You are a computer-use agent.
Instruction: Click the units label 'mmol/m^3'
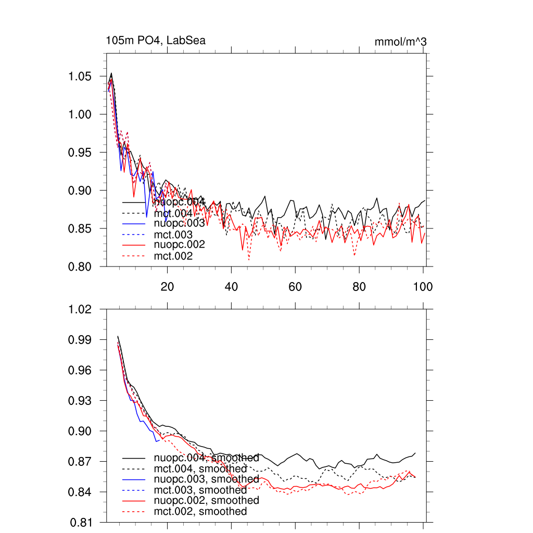click(x=400, y=42)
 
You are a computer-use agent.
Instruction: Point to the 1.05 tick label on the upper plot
click(x=81, y=77)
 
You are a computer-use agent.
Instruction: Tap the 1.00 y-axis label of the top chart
click(x=81, y=115)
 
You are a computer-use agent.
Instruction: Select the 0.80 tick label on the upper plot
click(x=81, y=266)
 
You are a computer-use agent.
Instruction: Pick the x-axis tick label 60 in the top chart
click(x=295, y=286)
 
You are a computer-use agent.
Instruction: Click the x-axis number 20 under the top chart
click(x=167, y=286)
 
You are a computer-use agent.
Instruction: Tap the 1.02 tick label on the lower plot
click(x=81, y=309)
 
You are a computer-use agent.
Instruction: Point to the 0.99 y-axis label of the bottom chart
click(x=81, y=340)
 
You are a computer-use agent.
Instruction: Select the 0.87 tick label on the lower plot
click(x=81, y=462)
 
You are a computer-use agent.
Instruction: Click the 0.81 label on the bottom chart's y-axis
click(x=81, y=523)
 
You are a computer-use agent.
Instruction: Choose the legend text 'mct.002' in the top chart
click(x=173, y=256)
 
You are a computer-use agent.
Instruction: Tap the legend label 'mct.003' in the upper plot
click(x=173, y=235)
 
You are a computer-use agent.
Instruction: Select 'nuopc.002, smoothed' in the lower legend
click(x=206, y=500)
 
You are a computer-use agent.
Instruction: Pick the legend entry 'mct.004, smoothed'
click(x=200, y=469)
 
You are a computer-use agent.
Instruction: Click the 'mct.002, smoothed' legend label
click(x=200, y=512)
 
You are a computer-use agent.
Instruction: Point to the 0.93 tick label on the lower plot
click(x=81, y=401)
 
